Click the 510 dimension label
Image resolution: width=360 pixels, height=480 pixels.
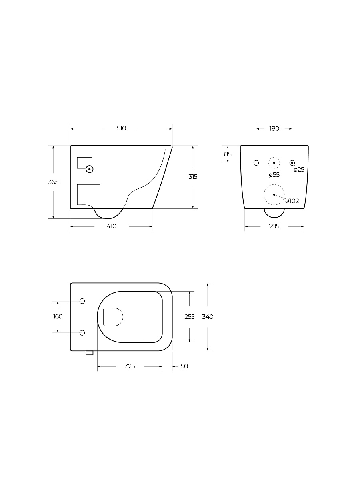121,128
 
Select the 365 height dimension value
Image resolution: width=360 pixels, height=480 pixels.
53,182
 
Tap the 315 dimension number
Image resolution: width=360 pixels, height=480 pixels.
193,177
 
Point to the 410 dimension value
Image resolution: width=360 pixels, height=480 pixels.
112,226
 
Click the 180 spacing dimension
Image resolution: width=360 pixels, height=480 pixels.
274,128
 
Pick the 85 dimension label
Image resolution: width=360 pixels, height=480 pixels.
228,154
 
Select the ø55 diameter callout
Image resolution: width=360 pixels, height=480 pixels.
274,175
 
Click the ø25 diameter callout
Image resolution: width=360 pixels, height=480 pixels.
299,170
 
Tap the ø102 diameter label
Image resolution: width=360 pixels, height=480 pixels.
292,201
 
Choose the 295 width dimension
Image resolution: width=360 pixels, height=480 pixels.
274,226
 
